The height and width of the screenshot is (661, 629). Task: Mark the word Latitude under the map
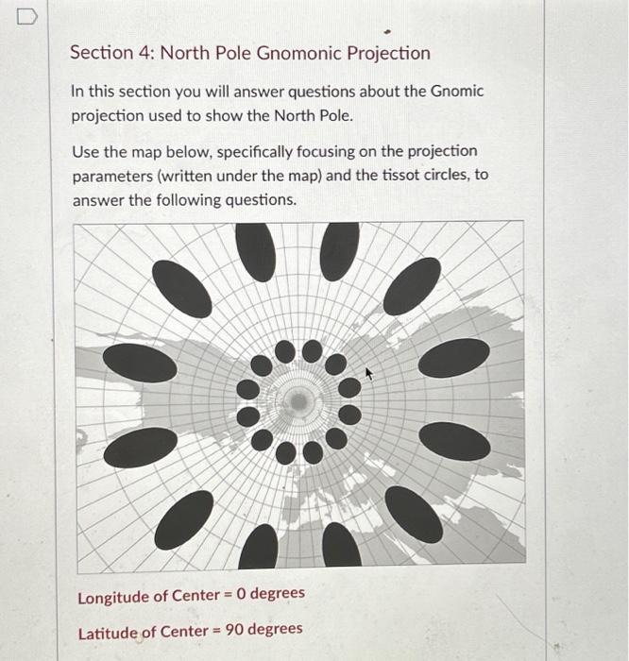[x=108, y=630]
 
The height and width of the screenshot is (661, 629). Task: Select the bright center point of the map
[x=299, y=402]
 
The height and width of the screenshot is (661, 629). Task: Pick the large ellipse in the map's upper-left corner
[x=182, y=289]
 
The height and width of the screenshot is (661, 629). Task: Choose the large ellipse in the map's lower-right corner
[x=414, y=514]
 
